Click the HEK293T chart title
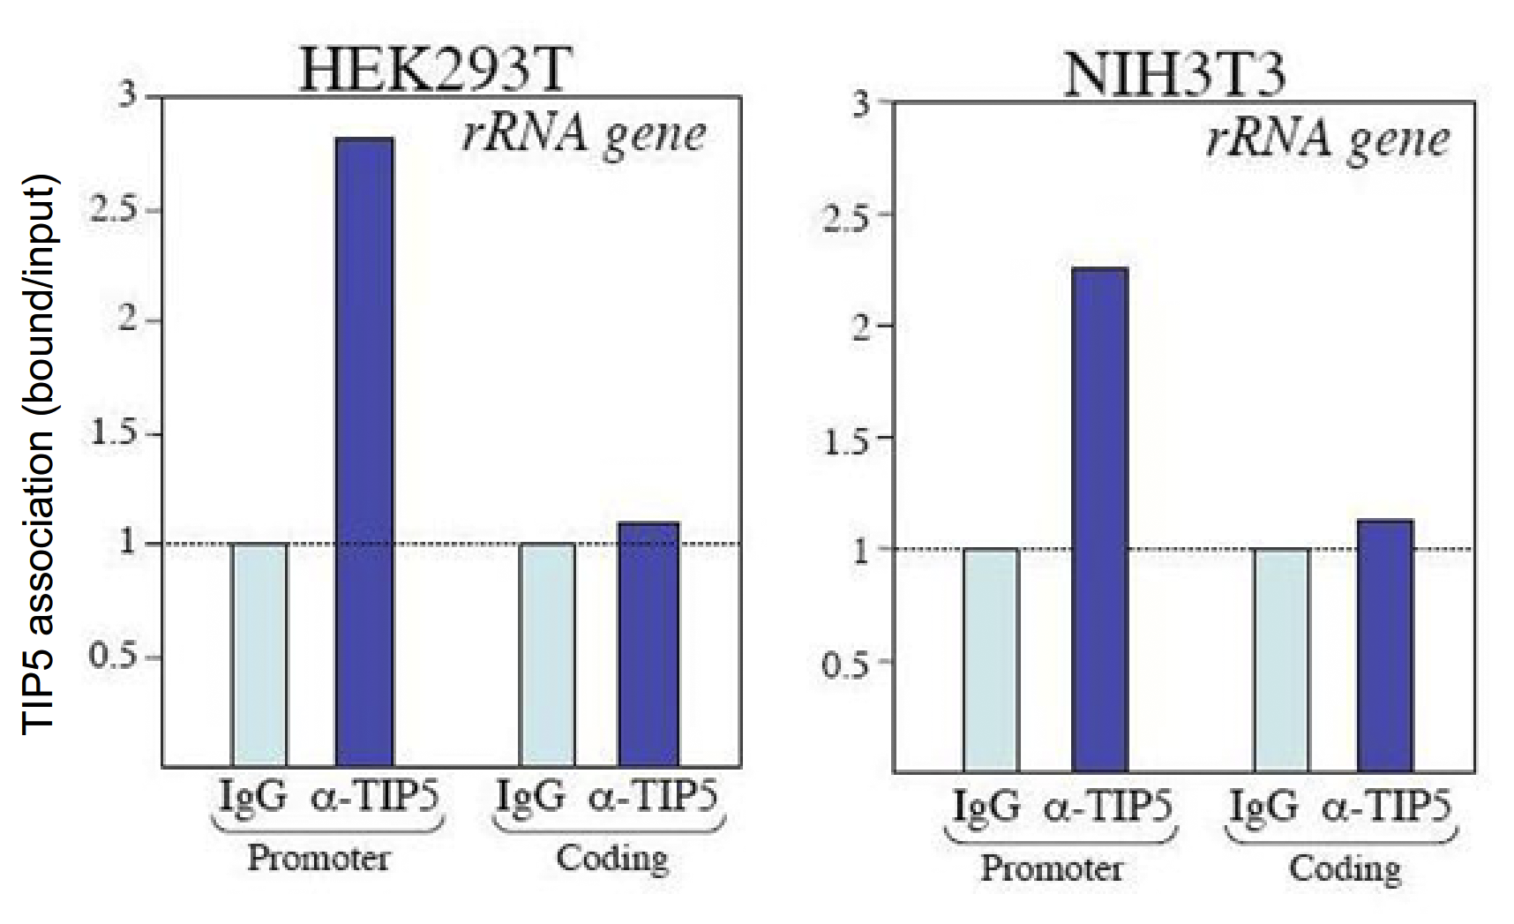tap(432, 69)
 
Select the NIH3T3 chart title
tap(1174, 74)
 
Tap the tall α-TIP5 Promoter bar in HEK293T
tap(364, 452)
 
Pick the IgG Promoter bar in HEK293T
tap(259, 655)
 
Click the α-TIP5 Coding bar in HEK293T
tap(648, 644)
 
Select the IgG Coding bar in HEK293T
tap(547, 655)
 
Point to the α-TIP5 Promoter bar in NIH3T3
tap(1099, 520)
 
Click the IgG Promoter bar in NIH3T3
tap(991, 660)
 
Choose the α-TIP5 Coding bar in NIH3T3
tap(1384, 646)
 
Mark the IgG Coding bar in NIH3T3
tap(1281, 660)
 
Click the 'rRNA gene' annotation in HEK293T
tap(584, 134)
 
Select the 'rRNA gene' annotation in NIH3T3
tap(1327, 139)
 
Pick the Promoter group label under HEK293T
tap(319, 858)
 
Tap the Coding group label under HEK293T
tap(611, 858)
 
